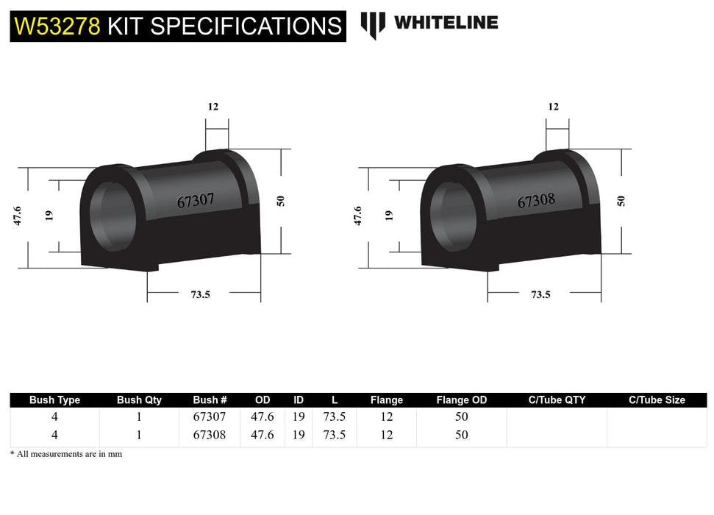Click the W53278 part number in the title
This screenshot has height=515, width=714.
tap(57, 26)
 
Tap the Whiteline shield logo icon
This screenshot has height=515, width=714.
tap(373, 24)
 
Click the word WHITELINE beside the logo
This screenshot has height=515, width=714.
tap(446, 23)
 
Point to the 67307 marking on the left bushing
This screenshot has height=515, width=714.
tap(196, 200)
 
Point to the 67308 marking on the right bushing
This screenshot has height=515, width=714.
tap(536, 200)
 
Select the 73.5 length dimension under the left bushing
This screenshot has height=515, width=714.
tap(201, 294)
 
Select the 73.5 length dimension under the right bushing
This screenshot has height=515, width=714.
tap(540, 294)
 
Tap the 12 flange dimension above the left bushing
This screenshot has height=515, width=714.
tap(213, 107)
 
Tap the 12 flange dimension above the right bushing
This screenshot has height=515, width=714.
tap(553, 107)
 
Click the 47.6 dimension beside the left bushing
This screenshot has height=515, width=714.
tap(17, 216)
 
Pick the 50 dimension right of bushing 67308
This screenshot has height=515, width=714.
tap(622, 200)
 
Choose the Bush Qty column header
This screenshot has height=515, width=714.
tap(139, 400)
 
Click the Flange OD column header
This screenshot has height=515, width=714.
tap(462, 400)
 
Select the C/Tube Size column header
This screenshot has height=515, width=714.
tap(657, 400)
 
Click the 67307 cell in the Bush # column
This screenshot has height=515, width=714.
tap(210, 416)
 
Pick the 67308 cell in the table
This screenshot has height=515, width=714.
tap(210, 435)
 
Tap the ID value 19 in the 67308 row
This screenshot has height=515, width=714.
tap(299, 435)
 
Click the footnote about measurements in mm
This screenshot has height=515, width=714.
tap(66, 454)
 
